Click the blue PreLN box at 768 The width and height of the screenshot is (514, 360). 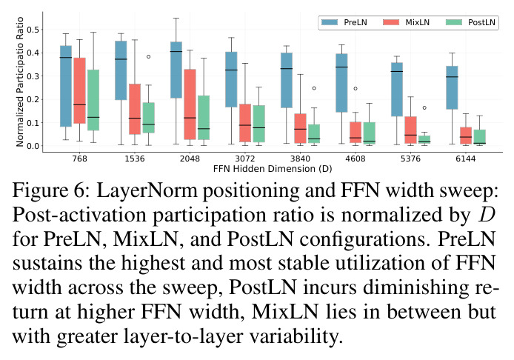pos(66,86)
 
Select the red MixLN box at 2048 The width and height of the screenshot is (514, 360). pos(190,104)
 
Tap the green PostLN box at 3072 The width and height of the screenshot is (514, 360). pos(259,124)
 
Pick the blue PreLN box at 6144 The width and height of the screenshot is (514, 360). pos(452,87)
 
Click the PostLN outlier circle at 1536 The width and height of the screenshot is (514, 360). pos(148,57)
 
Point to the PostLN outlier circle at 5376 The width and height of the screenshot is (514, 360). pos(424,107)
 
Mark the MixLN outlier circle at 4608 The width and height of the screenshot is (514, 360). pos(356,89)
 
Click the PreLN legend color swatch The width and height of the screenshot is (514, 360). pos(330,22)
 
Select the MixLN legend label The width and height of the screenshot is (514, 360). pos(417,22)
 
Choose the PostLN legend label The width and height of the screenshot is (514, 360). pos(481,22)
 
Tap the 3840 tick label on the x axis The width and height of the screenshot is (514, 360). pos(300,159)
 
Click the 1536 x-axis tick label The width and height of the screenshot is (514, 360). pos(135,159)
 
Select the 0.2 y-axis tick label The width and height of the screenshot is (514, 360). pos(33,100)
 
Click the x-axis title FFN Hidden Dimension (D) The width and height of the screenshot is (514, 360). pos(273,169)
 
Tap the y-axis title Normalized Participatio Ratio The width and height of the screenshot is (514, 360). pos(20,81)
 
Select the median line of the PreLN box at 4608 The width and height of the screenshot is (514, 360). pos(341,67)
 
